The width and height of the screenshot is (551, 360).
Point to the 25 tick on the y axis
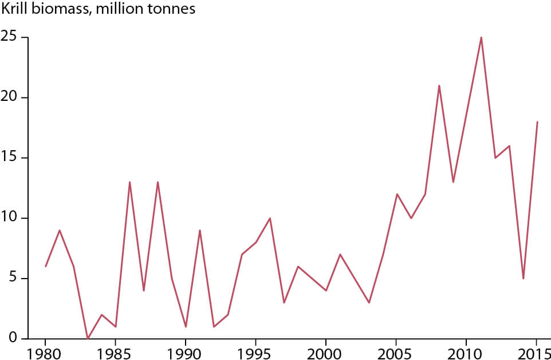[x=21, y=38]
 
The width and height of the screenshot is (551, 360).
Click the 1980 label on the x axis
[x=45, y=350]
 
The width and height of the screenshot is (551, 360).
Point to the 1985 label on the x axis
[x=116, y=350]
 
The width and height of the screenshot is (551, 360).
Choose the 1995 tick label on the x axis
[x=255, y=350]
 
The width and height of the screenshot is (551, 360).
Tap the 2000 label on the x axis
[x=326, y=350]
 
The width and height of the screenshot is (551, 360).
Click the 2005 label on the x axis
[x=396, y=350]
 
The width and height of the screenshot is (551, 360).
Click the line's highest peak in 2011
[x=481, y=37]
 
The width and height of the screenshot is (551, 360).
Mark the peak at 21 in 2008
[x=439, y=85]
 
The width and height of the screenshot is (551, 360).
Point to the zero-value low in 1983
[x=88, y=338]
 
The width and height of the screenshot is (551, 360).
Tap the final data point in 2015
[x=537, y=122]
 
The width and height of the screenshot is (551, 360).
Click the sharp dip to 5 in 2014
[x=523, y=278]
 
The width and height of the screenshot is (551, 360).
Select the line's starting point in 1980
[x=45, y=266]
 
